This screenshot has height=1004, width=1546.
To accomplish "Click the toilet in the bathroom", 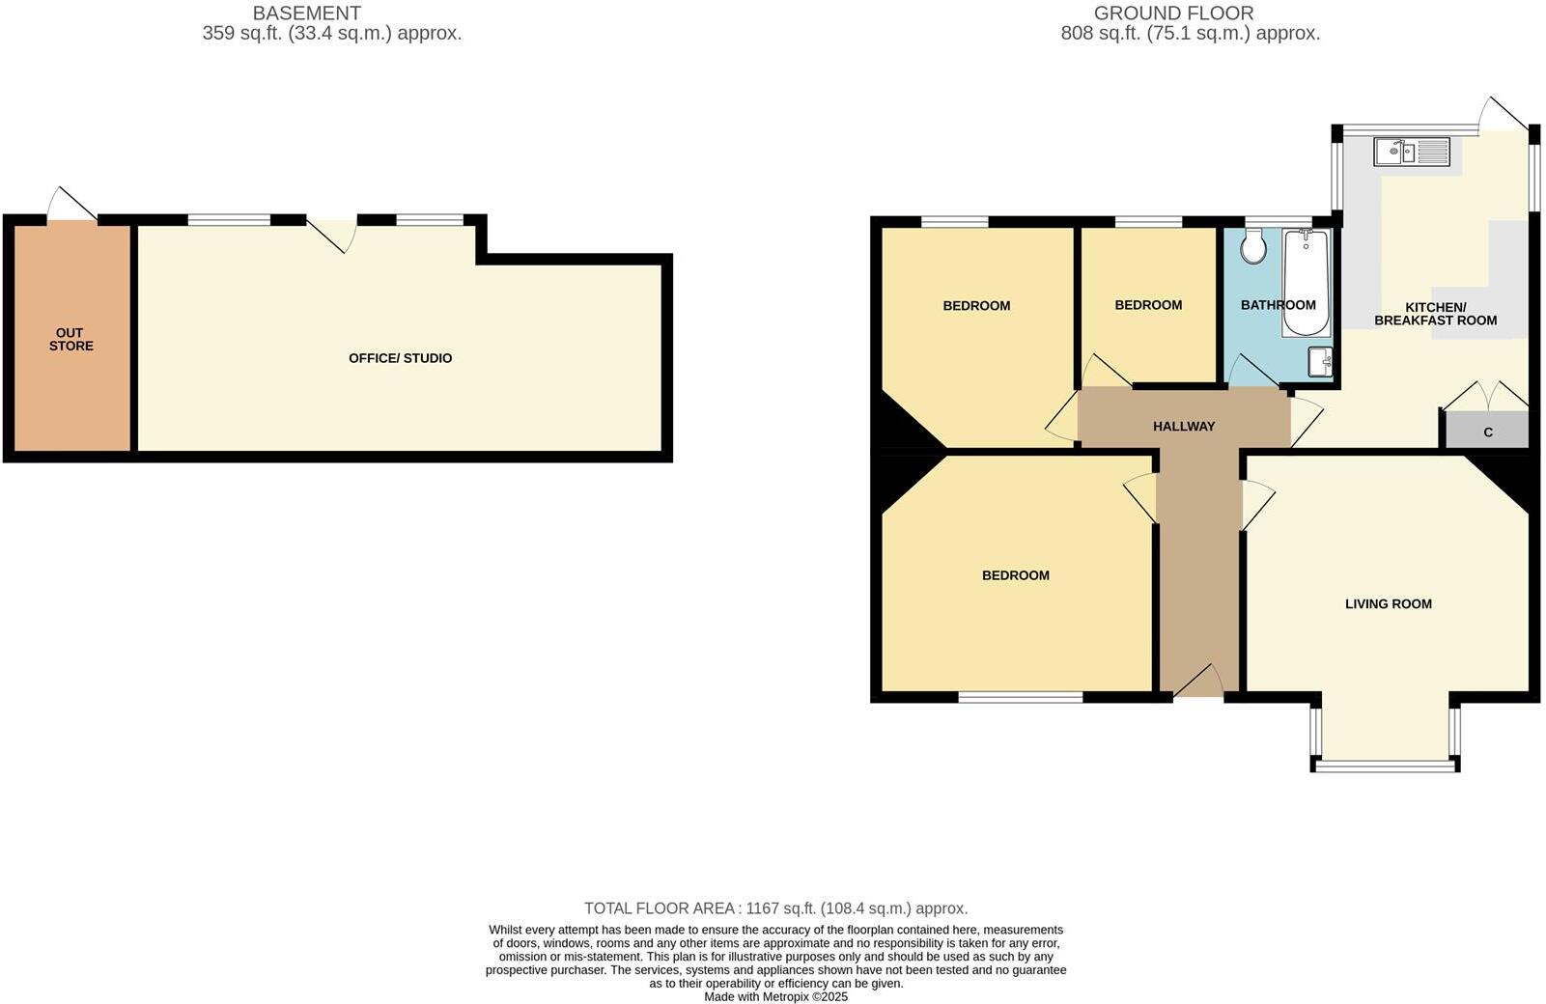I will point(1253,246).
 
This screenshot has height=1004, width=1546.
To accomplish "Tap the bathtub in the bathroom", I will point(1306,282).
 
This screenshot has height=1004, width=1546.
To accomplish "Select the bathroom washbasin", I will point(1320,362).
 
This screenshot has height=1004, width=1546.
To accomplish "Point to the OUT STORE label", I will point(70,339).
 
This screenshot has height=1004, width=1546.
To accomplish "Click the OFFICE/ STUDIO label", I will point(400,358).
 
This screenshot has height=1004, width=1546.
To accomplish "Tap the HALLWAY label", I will point(1183,426).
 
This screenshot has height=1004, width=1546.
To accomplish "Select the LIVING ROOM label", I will point(1388,603).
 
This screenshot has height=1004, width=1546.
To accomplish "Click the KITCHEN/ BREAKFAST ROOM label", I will point(1435,314).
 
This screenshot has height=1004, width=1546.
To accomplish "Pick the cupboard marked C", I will point(1487,432).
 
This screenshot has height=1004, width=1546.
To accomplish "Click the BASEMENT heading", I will point(306,14).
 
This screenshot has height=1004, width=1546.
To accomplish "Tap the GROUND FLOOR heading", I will point(1173,14).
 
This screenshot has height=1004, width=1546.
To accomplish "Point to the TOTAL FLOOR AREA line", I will point(775,908).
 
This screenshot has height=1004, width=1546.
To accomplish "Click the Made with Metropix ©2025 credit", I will point(775,996).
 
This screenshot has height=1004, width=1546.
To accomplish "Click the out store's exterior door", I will point(70,206).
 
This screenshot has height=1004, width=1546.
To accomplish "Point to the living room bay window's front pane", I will point(1385,767).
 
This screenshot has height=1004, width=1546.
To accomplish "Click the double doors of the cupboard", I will point(1485,396).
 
